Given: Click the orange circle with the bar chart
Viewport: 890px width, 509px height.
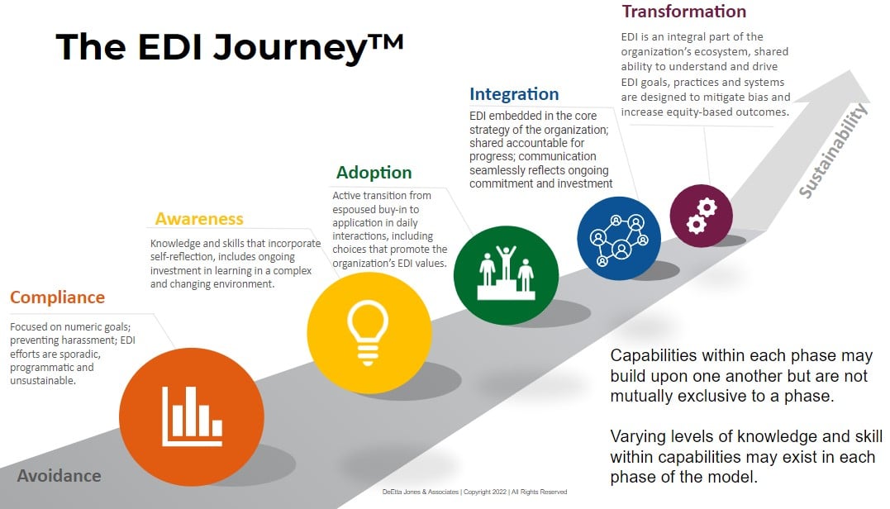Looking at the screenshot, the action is tap(191, 417).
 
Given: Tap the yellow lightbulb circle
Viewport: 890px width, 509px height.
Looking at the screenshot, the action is tap(369, 333).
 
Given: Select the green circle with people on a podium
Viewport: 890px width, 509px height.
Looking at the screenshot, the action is tap(506, 275).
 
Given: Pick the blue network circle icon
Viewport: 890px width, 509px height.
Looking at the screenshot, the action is tap(619, 238).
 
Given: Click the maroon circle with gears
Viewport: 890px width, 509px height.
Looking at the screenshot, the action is tap(701, 216).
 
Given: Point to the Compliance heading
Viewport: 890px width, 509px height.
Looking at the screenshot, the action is tap(57, 297).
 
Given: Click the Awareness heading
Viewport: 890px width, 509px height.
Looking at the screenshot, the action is tap(199, 219).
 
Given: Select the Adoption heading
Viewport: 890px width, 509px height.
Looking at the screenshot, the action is tap(374, 173).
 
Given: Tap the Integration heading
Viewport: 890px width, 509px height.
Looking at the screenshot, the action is tap(514, 94).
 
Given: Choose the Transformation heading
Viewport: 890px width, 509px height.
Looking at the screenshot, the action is tap(684, 12).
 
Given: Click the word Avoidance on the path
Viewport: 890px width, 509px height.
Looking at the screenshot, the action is tap(59, 475).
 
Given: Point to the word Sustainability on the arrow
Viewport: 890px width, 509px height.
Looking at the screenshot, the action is tap(833, 150).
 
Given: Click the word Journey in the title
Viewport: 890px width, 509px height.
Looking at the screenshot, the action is tap(289, 47).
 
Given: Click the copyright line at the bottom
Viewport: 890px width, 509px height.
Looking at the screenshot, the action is tap(474, 492).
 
